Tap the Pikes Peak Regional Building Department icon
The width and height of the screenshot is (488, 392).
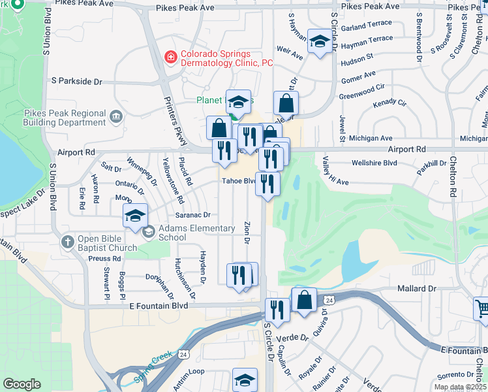(116, 118)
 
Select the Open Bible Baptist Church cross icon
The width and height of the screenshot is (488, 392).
(68, 242)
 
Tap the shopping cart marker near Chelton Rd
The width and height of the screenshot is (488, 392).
(482, 308)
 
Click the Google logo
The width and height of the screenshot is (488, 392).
(22, 384)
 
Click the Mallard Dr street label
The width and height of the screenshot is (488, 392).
(416, 288)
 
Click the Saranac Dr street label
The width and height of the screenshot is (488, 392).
(192, 214)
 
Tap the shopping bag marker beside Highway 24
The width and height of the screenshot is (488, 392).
(304, 301)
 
